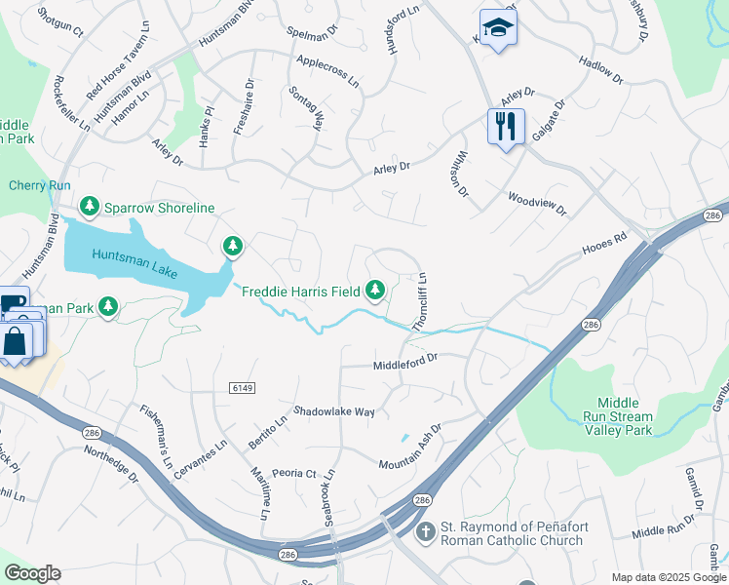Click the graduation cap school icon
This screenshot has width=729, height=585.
point(498,28)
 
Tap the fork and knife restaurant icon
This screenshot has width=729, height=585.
point(506,127)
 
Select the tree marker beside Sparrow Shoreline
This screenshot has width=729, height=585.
point(90,207)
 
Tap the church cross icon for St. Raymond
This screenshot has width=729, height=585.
point(424,532)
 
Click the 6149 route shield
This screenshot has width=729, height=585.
point(243,388)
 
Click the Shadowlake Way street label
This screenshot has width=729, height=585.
point(334,412)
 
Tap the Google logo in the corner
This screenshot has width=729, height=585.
point(32,573)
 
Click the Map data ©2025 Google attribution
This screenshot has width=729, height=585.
point(668,577)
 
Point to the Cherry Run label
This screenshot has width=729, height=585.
point(40,185)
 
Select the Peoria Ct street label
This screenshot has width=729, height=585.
point(295,474)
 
